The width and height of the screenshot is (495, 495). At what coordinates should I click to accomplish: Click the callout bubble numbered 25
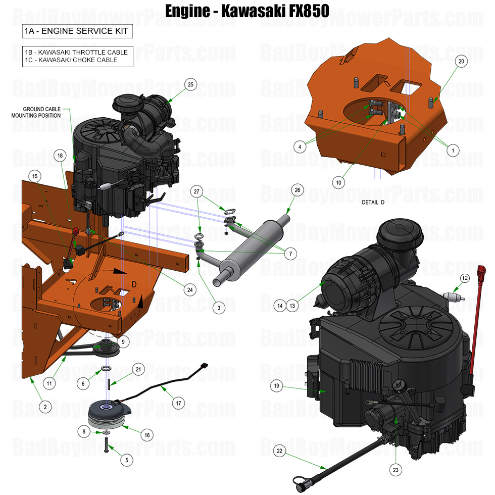click(x=190, y=84)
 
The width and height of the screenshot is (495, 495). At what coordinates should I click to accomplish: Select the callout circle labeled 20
click(x=461, y=61)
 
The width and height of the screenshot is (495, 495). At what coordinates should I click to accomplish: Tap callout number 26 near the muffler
click(x=297, y=190)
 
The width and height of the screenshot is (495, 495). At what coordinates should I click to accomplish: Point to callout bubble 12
click(x=465, y=277)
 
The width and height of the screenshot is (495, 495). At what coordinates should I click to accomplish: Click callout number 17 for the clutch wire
click(x=177, y=404)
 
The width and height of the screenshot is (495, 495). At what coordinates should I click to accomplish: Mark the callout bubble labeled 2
click(x=44, y=407)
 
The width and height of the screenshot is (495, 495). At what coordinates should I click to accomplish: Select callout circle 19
click(x=276, y=386)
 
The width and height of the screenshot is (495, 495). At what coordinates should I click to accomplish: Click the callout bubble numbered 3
click(x=219, y=307)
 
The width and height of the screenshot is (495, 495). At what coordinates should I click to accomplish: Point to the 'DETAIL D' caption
click(x=373, y=202)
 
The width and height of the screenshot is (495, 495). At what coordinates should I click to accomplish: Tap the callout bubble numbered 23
click(x=395, y=470)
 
